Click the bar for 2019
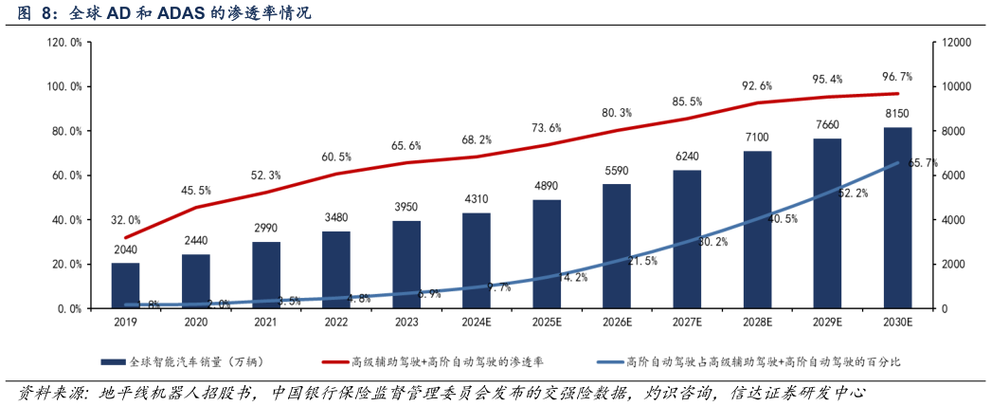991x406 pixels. (x=125, y=286)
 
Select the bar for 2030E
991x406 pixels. (x=897, y=218)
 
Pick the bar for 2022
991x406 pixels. (x=335, y=269)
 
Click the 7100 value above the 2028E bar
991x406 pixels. (x=757, y=138)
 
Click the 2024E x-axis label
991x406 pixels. (x=477, y=323)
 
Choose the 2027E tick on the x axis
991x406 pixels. (x=687, y=323)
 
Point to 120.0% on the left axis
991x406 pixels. (x=64, y=43)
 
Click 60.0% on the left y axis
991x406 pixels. (x=67, y=175)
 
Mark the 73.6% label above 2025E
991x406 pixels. (x=547, y=128)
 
